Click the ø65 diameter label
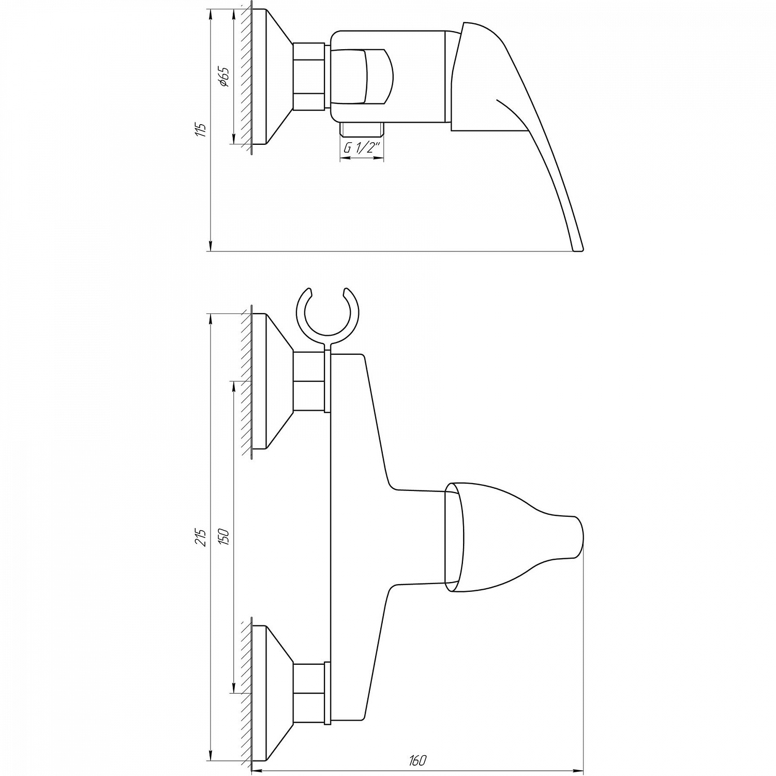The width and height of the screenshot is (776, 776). point(224,76)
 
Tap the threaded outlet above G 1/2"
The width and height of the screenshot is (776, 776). point(362,129)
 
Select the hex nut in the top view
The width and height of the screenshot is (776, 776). point(309,77)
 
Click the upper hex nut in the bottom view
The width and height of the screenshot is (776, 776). point(309,381)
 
